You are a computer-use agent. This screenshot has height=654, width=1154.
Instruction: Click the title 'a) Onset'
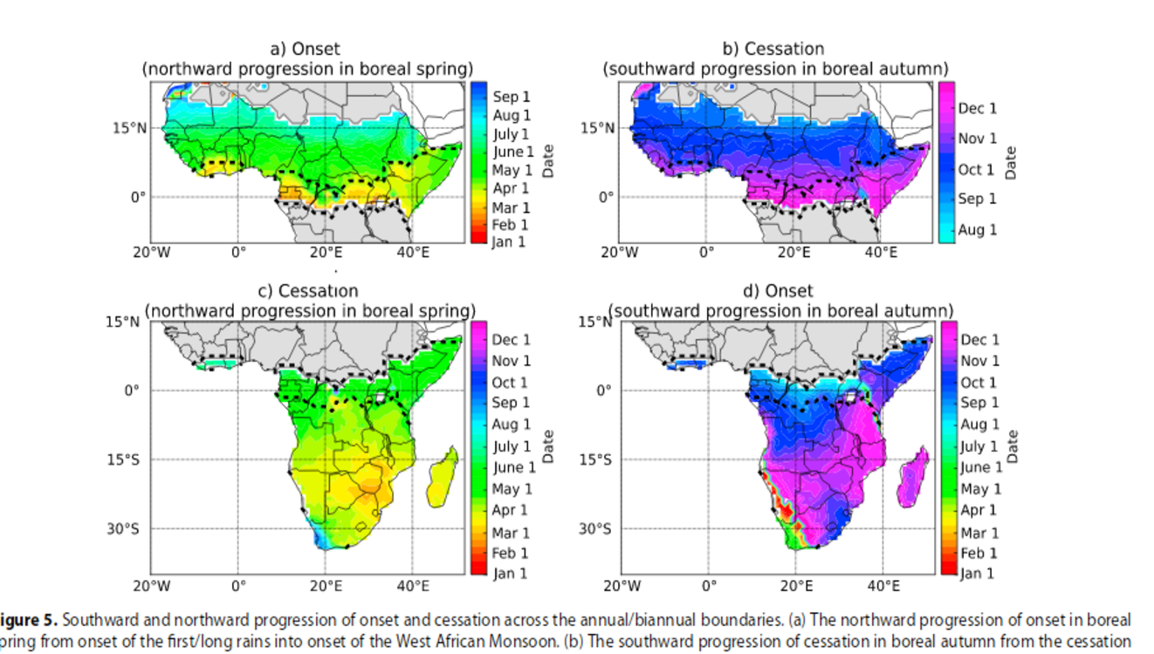[305, 49]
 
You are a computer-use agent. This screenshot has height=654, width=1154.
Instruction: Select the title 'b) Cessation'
[773, 49]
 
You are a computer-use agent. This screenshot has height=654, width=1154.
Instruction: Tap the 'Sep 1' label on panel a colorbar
[511, 98]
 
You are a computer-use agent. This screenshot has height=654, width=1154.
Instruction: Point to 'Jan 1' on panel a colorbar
[508, 242]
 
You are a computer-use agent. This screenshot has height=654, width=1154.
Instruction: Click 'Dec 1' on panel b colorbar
[977, 108]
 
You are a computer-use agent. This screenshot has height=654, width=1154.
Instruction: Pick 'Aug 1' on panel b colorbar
[977, 230]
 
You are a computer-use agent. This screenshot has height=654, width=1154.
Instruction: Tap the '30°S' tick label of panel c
[123, 528]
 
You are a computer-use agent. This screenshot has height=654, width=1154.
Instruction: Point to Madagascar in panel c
[443, 475]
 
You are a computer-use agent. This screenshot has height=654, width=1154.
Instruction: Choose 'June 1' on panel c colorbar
[514, 468]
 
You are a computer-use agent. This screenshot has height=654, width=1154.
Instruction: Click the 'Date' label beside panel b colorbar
[1011, 162]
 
